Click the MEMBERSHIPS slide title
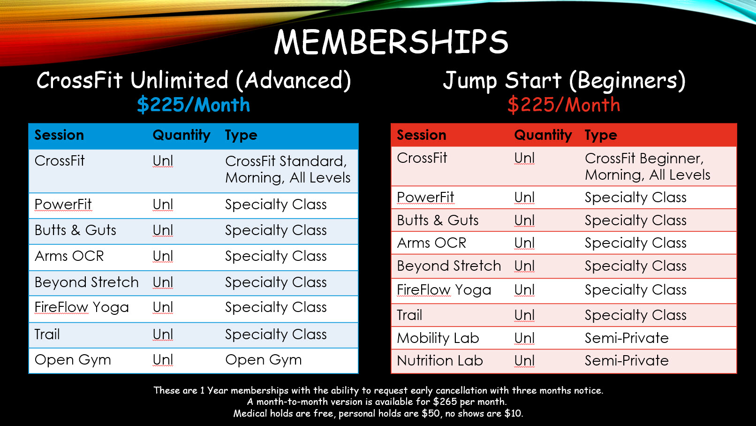click(391, 42)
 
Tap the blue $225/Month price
click(193, 105)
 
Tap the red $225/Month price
click(564, 105)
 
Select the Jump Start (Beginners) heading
click(564, 81)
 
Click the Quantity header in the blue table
click(181, 136)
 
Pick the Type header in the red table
click(601, 135)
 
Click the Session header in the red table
click(422, 135)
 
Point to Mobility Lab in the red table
click(438, 338)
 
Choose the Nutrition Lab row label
click(440, 360)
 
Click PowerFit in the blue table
click(63, 204)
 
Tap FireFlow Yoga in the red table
click(444, 290)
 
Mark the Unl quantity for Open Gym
click(163, 359)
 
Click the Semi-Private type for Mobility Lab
click(627, 338)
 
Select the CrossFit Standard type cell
click(287, 169)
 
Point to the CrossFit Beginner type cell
click(647, 167)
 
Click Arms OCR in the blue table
click(69, 256)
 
